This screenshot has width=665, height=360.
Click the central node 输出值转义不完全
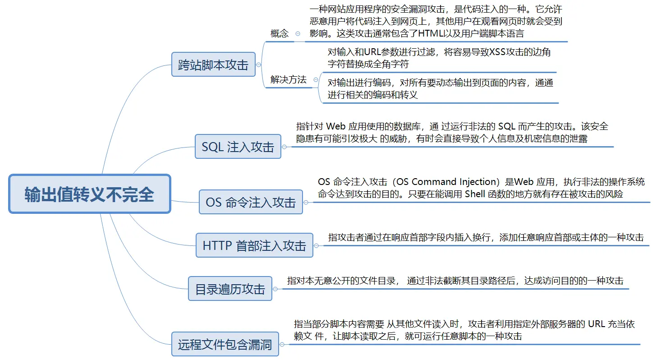pyautogui.click(x=90, y=194)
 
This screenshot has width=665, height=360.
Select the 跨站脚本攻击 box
pyautogui.click(x=213, y=65)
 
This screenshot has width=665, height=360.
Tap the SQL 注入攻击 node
pyautogui.click(x=238, y=147)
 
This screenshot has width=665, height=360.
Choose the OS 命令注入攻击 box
pyautogui.click(x=251, y=202)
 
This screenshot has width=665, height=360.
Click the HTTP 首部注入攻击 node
pyautogui.click(x=254, y=245)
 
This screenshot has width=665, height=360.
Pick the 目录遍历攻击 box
pyautogui.click(x=230, y=289)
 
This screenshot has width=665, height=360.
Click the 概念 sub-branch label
pyautogui.click(x=280, y=33)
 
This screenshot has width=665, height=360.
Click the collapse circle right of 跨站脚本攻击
pyautogui.click(x=258, y=65)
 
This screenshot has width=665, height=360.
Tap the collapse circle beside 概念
pyautogui.click(x=298, y=33)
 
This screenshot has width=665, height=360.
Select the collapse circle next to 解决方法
pyautogui.click(x=315, y=80)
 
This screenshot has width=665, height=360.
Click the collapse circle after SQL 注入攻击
pyautogui.click(x=284, y=147)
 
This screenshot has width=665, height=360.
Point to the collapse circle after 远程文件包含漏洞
pyautogui.click(x=282, y=345)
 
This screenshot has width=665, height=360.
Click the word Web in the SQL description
pyautogui.click(x=335, y=126)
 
